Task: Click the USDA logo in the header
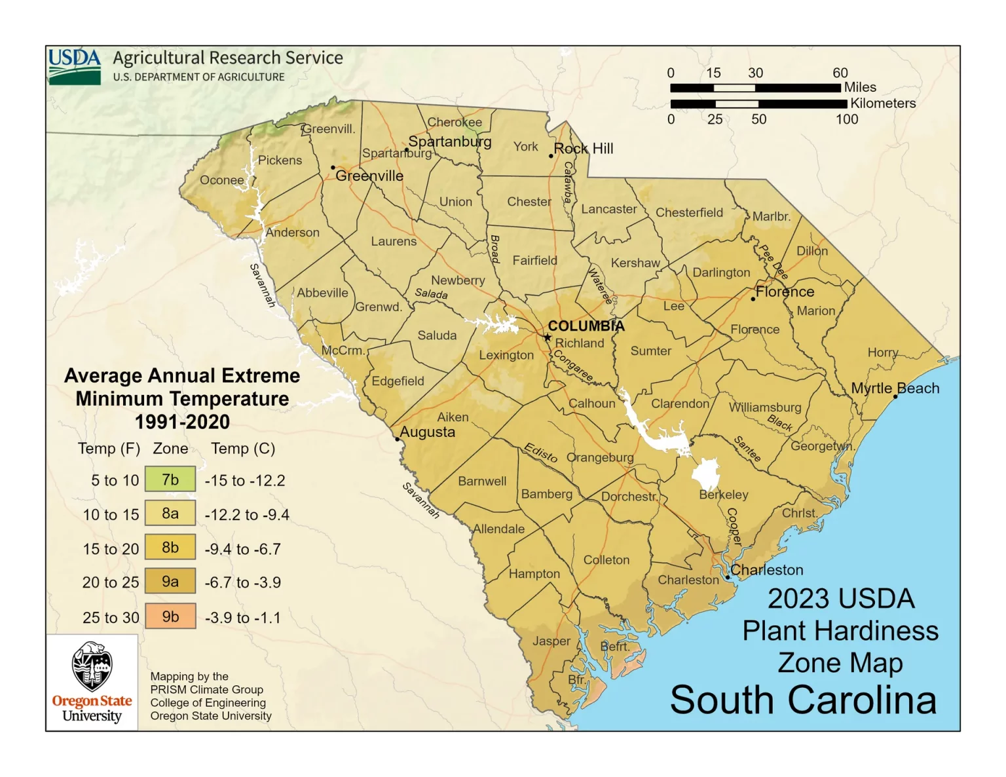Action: [75, 66]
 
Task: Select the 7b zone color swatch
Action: [170, 480]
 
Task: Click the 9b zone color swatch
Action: [170, 616]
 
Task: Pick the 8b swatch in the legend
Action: [170, 548]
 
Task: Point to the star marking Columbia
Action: [548, 337]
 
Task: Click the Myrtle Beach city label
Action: [895, 388]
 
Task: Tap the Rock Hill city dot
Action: [551, 156]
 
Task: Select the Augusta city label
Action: [427, 432]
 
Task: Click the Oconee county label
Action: [222, 180]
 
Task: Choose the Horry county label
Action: [882, 352]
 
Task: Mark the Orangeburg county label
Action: [600, 457]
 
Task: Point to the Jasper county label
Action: [551, 641]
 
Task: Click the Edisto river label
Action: [540, 453]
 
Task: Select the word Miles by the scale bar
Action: [859, 87]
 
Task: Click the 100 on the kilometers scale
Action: [846, 119]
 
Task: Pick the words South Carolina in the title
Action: [803, 700]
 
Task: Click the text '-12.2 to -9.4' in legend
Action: [247, 515]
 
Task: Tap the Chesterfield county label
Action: [689, 213]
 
